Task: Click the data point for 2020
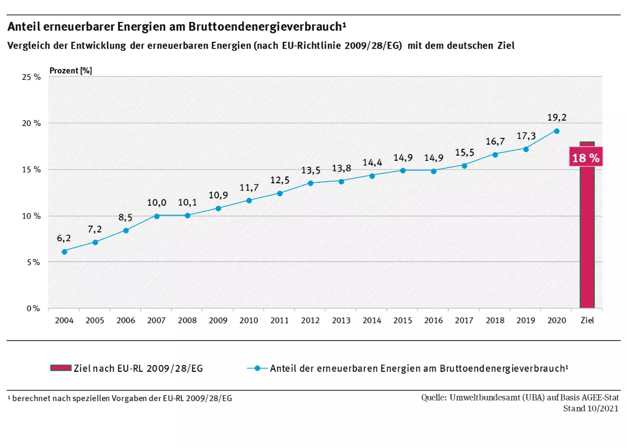pyautogui.click(x=556, y=131)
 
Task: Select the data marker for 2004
pyautogui.click(x=64, y=252)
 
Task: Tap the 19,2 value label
pyautogui.click(x=556, y=117)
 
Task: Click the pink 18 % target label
pyautogui.click(x=586, y=158)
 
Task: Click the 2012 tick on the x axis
pyautogui.click(x=310, y=320)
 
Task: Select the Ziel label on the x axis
pyautogui.click(x=587, y=320)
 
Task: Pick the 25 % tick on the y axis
pyautogui.click(x=31, y=77)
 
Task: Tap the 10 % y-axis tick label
pyautogui.click(x=31, y=216)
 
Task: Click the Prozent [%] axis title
pyautogui.click(x=71, y=70)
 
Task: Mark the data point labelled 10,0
pyautogui.click(x=157, y=216)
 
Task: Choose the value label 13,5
pyautogui.click(x=310, y=170)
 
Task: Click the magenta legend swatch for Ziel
pyautogui.click(x=61, y=368)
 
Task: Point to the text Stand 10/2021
pyautogui.click(x=590, y=408)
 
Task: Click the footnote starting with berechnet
pyautogui.click(x=120, y=398)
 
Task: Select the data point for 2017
pyautogui.click(x=464, y=165)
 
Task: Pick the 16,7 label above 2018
pyautogui.click(x=495, y=142)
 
